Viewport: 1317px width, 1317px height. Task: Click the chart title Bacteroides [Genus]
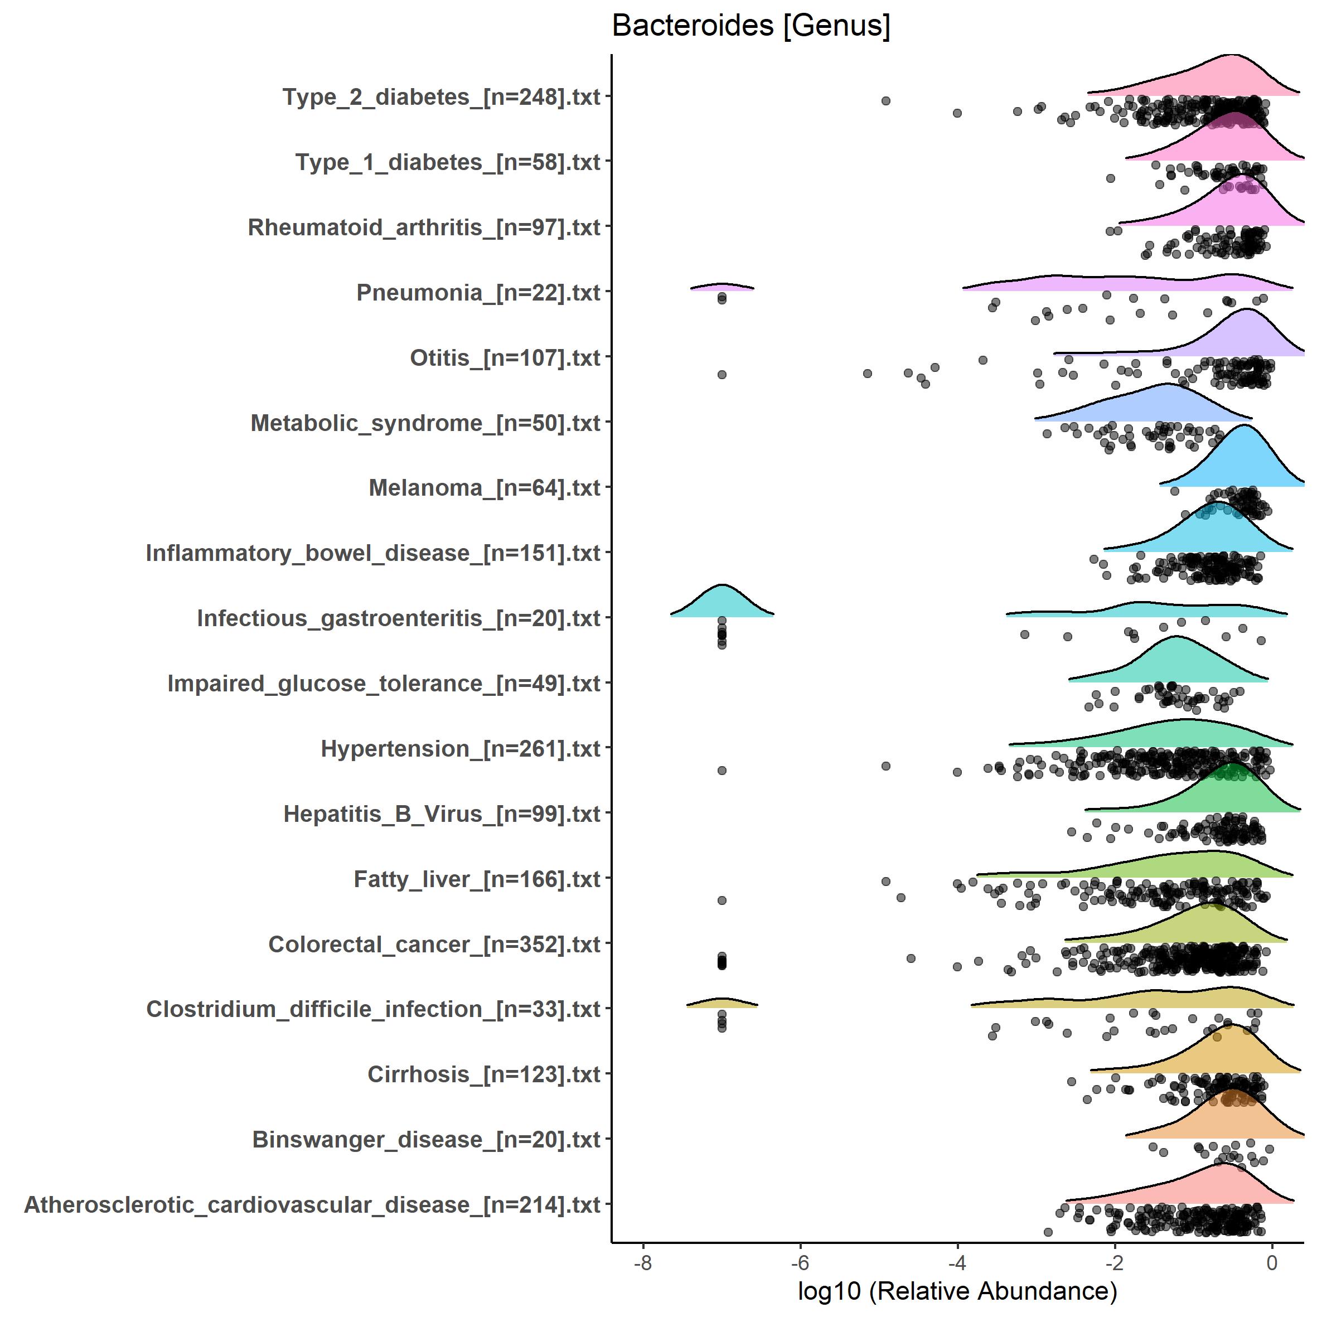(751, 26)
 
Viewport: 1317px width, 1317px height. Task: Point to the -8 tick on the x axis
(643, 1262)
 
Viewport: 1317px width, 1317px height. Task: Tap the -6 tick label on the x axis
(800, 1262)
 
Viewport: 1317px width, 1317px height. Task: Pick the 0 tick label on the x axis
(1271, 1262)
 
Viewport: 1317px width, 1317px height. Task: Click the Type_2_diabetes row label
(441, 97)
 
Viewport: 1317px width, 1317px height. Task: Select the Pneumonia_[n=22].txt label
(478, 292)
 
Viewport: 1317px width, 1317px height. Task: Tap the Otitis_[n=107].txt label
(505, 358)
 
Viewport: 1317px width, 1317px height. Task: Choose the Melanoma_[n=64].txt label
(484, 488)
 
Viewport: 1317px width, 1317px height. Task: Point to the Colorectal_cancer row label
(434, 944)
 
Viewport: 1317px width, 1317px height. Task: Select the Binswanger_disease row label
(426, 1139)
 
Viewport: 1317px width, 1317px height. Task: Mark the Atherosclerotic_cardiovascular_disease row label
(312, 1204)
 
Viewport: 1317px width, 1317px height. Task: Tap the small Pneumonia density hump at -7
(722, 286)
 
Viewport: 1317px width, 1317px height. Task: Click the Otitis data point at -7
(722, 374)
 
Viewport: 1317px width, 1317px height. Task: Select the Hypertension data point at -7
(722, 771)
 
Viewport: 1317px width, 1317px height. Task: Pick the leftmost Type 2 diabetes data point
(885, 101)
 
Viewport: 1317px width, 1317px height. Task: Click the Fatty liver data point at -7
(722, 900)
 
